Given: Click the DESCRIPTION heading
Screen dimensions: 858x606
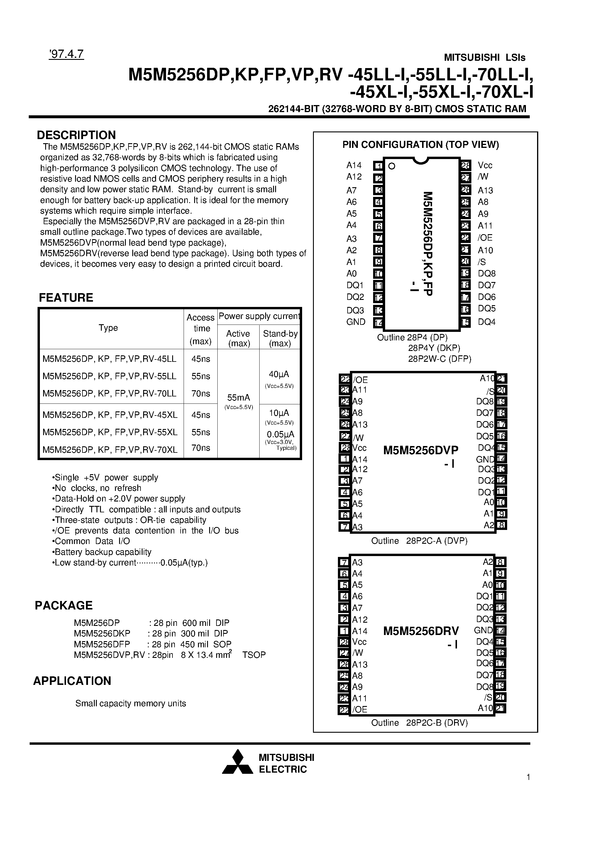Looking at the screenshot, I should pyautogui.click(x=76, y=135).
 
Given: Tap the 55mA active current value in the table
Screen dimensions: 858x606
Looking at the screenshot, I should pyautogui.click(x=238, y=398).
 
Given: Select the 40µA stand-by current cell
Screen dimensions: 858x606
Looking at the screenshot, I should pyautogui.click(x=279, y=374).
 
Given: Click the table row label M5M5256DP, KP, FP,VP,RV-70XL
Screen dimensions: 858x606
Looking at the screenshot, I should pyautogui.click(x=110, y=450).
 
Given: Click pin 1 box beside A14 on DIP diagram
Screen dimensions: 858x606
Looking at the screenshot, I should pyautogui.click(x=378, y=165).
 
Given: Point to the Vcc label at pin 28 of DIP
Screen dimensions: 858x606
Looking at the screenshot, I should pyautogui.click(x=485, y=165).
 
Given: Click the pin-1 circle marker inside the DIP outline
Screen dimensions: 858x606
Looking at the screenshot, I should pyautogui.click(x=392, y=166).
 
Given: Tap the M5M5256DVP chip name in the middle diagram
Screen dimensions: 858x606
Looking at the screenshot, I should pyautogui.click(x=421, y=450).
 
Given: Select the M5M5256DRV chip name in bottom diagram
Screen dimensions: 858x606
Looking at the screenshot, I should pyautogui.click(x=421, y=631).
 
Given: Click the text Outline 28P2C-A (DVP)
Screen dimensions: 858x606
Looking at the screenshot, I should pyautogui.click(x=419, y=541).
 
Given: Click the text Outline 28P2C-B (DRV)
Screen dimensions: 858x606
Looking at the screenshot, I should pyautogui.click(x=419, y=723).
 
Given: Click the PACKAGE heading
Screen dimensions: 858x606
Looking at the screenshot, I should pyautogui.click(x=64, y=605).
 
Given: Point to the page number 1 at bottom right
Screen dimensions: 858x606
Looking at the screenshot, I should pyautogui.click(x=528, y=777).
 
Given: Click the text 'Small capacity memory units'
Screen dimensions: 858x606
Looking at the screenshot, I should pyautogui.click(x=131, y=703).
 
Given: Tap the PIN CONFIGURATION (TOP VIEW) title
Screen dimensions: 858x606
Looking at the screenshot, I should pyautogui.click(x=421, y=145).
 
